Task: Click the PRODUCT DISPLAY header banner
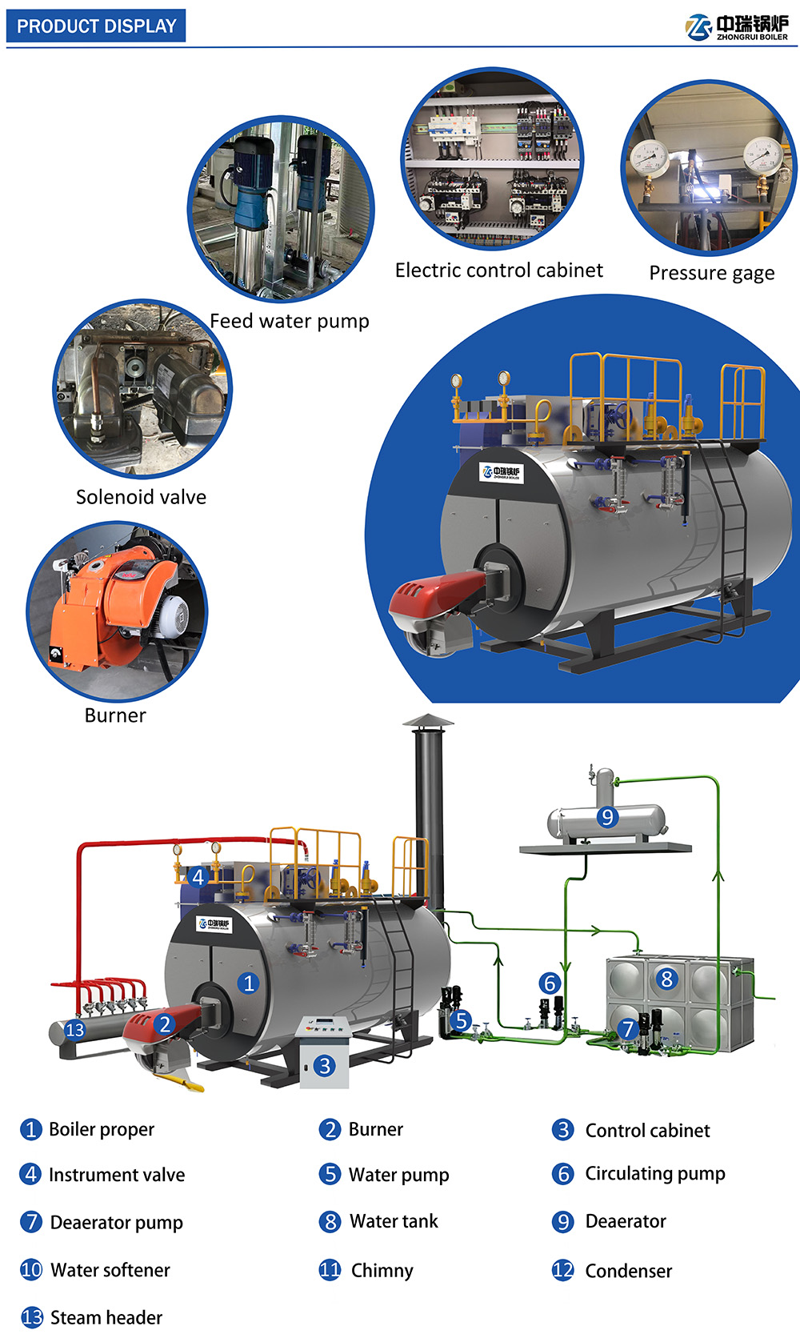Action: [x=96, y=26]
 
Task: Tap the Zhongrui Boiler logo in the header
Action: [x=737, y=26]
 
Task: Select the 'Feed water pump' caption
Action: [x=290, y=321]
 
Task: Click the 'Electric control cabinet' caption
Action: [x=499, y=270]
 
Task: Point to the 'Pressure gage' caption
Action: [x=712, y=273]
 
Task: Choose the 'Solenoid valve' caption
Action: [x=141, y=497]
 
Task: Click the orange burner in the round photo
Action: [x=113, y=607]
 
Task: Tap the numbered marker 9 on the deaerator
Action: [x=607, y=816]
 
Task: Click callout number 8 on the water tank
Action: [x=666, y=979]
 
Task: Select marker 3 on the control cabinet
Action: [x=325, y=1065]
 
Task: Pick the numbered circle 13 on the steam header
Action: [x=74, y=1030]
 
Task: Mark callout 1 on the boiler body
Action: [x=248, y=983]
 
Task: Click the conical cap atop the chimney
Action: [x=428, y=720]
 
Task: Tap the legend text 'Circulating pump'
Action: [x=654, y=1174]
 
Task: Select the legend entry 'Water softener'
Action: [x=110, y=1270]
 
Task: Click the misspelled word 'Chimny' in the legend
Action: [x=382, y=1271]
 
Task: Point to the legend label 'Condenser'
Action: [x=629, y=1271]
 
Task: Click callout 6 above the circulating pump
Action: [x=550, y=983]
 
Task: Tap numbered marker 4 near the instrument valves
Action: [x=198, y=876]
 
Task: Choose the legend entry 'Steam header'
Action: [x=106, y=1317]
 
